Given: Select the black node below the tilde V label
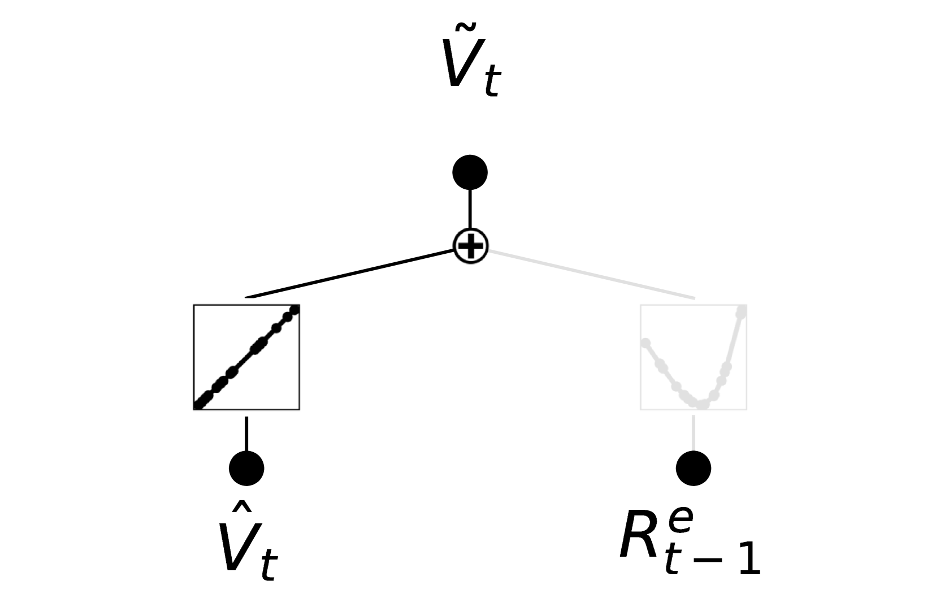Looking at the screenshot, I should tap(470, 172).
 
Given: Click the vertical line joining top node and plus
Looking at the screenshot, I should tap(470, 209).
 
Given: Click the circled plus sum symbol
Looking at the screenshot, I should tap(470, 246).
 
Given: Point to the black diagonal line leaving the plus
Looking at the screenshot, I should tap(350, 273).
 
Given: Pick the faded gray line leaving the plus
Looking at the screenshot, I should tap(591, 274).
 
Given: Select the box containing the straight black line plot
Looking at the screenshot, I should tap(246, 357).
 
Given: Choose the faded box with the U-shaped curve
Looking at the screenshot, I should tap(693, 357).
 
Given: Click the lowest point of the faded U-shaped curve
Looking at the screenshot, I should tap(701, 404).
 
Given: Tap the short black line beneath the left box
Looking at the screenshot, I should tap(246, 433).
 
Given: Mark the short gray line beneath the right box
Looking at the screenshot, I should tap(693, 433).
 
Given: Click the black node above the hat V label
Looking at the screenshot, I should tap(246, 468).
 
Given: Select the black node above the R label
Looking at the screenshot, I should tap(693, 468).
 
